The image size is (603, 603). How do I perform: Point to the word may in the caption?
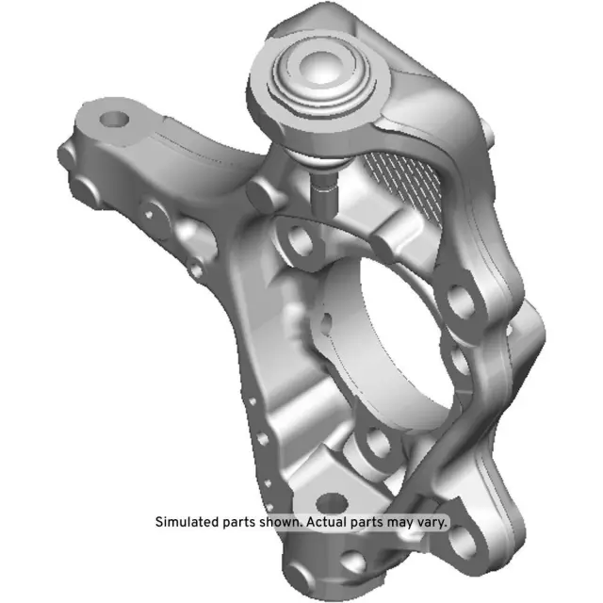point(405,521)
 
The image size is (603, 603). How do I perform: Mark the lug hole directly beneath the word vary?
point(462,542)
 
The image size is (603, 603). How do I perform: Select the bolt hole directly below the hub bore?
point(376,440)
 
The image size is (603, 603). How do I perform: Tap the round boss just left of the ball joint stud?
point(263,193)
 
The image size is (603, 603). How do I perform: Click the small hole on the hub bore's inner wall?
point(324,320)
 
